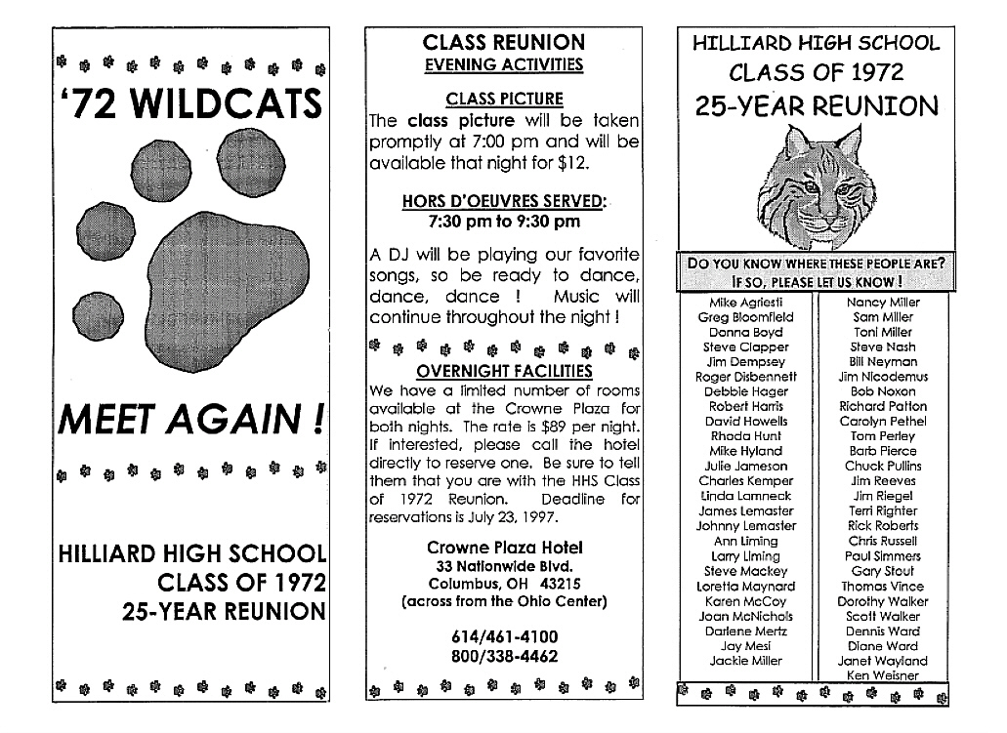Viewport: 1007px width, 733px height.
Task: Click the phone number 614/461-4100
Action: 504,636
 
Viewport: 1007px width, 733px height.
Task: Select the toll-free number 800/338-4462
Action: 504,656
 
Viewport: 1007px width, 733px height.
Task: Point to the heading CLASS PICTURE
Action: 504,99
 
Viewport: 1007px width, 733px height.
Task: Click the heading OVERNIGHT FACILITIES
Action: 504,371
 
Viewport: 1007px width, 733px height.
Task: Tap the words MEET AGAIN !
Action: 190,421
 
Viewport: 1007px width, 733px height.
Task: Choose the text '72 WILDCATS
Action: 190,102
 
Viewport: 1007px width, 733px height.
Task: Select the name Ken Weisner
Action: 882,675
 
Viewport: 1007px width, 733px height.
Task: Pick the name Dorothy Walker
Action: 882,601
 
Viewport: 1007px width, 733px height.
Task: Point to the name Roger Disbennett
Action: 745,377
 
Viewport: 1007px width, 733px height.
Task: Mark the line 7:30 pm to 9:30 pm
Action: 504,222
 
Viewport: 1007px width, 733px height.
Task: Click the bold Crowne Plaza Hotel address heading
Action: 504,548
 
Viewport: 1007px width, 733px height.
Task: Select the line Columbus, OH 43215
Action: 504,584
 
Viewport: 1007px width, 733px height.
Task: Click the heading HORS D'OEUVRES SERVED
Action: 504,201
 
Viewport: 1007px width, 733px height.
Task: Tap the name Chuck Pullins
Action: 882,467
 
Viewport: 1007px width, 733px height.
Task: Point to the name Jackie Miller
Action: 745,661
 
